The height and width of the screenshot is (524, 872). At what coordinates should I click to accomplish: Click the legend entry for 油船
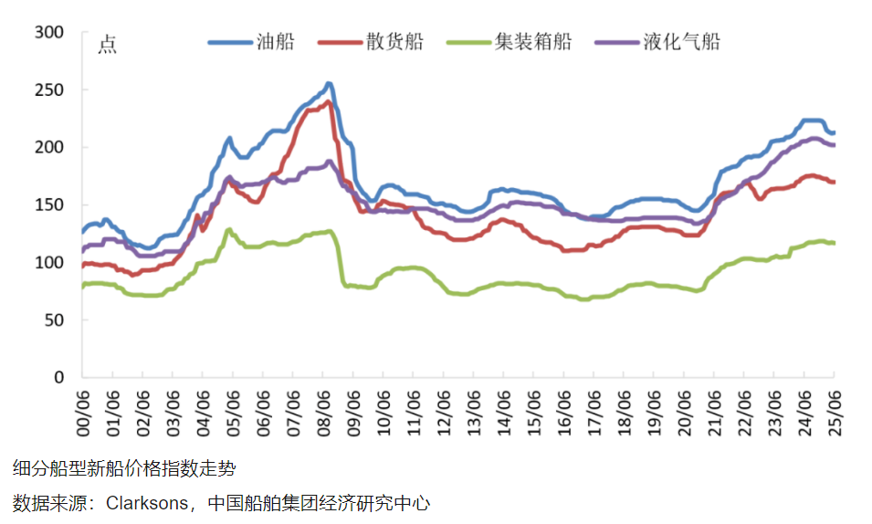tap(275, 42)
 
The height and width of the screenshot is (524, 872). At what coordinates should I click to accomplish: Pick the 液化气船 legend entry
tap(680, 42)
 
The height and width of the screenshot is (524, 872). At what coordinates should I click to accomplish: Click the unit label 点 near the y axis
tap(107, 44)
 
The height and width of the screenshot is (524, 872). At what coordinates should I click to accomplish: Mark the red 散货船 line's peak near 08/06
tap(328, 100)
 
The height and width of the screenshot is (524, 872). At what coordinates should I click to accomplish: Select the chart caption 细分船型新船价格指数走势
tap(124, 469)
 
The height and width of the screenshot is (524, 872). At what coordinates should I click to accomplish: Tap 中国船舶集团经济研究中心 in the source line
tap(318, 503)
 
